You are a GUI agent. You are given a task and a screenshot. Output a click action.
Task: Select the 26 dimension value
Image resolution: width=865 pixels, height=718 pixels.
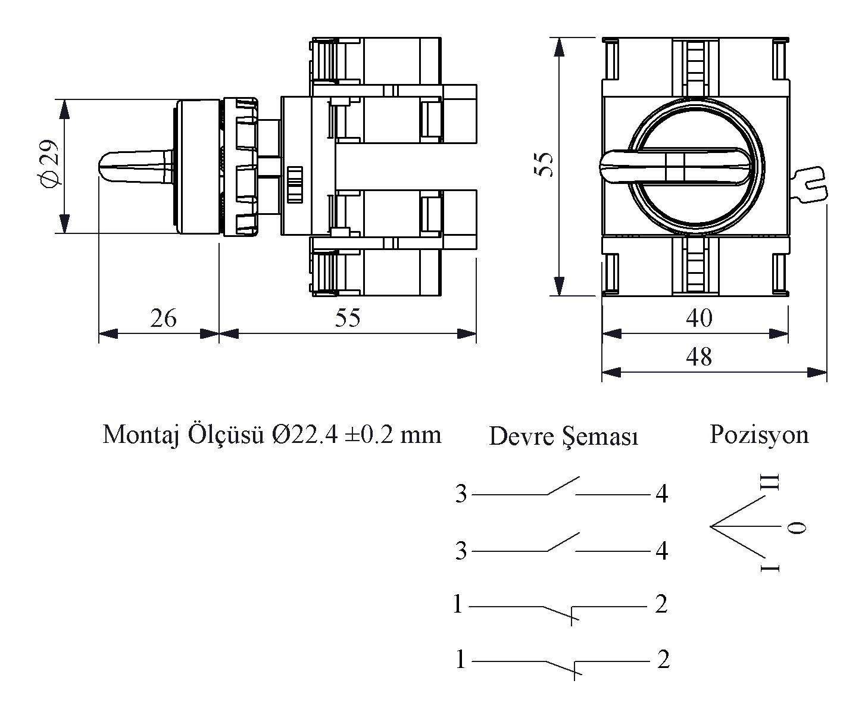click(163, 319)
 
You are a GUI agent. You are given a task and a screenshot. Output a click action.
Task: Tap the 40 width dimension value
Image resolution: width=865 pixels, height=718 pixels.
click(698, 318)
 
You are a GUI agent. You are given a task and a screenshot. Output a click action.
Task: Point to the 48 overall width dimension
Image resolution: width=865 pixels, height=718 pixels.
click(698, 357)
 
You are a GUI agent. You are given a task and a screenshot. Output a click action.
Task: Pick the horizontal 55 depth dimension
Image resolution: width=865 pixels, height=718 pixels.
click(347, 318)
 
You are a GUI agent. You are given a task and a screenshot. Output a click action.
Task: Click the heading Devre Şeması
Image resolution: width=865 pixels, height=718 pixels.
click(563, 436)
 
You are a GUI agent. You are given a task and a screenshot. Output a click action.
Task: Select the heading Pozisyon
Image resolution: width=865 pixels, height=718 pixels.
click(758, 435)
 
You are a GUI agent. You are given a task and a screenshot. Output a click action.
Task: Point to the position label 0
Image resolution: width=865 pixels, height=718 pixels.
click(797, 527)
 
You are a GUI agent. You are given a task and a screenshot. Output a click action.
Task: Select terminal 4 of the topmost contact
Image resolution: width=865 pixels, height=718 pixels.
click(661, 494)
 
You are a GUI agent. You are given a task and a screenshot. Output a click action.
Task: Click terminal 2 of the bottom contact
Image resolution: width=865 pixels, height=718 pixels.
click(663, 660)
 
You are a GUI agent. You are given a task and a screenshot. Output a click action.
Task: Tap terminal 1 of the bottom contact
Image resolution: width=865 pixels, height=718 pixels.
click(460, 660)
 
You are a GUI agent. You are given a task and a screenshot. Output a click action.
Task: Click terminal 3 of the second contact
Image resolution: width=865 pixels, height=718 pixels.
click(461, 551)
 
